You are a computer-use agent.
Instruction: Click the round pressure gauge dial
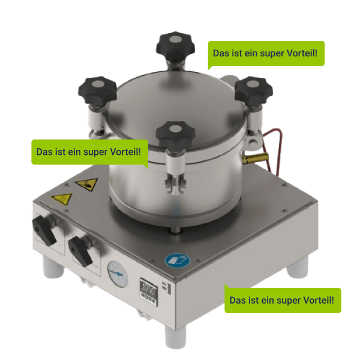118,274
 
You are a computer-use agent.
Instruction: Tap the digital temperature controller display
148,292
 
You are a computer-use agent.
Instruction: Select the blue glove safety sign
177,260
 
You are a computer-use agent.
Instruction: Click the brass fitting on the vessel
255,158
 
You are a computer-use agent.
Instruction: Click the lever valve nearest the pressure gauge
81,251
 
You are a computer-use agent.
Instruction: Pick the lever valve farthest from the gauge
44,229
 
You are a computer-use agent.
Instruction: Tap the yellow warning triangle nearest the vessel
87,184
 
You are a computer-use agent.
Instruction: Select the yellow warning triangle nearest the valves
62,199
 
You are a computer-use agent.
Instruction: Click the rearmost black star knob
176,47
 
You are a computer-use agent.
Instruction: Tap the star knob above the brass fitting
253,91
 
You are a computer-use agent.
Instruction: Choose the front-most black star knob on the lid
175,136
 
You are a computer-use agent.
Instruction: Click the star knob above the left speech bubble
97,91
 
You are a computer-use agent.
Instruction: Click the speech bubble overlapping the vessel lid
90,152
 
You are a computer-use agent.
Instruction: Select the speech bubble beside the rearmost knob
266,54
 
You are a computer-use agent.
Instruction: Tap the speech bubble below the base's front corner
283,300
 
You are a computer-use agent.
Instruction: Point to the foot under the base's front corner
175,337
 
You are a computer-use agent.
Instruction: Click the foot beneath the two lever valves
53,267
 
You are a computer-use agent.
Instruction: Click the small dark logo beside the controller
167,287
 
